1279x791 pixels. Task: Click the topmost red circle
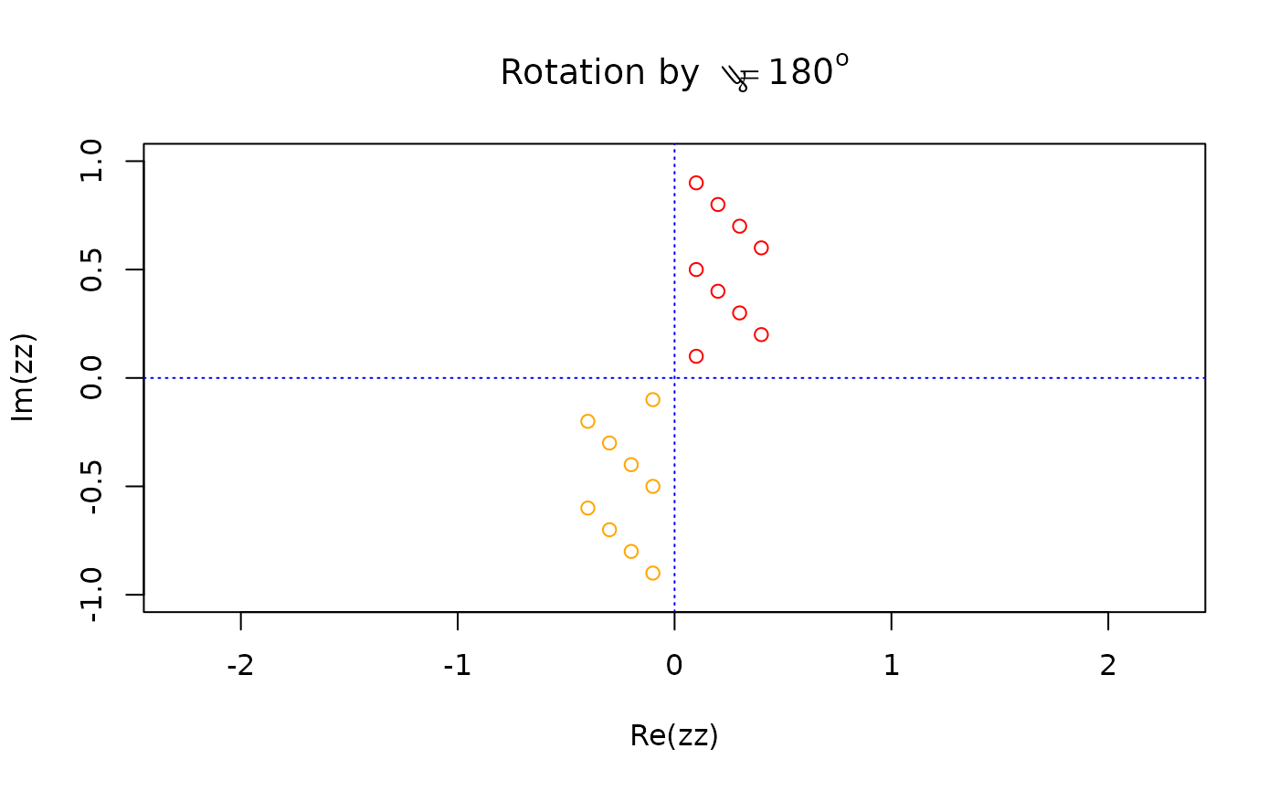(x=696, y=183)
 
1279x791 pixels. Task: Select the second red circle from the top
(x=718, y=205)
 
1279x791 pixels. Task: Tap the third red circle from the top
(x=740, y=227)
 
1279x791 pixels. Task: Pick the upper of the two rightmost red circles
(x=761, y=248)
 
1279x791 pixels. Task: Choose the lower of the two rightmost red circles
(x=761, y=334)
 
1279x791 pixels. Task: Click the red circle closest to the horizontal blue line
(x=696, y=356)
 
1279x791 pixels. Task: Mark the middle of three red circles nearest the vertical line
(x=696, y=269)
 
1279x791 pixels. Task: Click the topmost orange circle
(x=652, y=399)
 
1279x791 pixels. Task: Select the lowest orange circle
(x=652, y=574)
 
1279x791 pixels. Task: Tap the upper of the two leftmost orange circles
(x=587, y=421)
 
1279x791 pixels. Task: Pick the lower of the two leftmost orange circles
(x=587, y=508)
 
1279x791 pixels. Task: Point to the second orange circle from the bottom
(x=630, y=552)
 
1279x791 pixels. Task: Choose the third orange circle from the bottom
(x=609, y=530)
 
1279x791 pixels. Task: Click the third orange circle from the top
(x=609, y=443)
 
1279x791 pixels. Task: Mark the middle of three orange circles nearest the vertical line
(x=652, y=486)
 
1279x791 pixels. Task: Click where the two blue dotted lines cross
(x=674, y=377)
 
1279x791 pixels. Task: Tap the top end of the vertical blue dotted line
(x=674, y=144)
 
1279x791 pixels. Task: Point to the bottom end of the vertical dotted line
(x=674, y=611)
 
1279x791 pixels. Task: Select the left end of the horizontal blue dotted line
(x=145, y=377)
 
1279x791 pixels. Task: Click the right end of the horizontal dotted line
(x=1205, y=377)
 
